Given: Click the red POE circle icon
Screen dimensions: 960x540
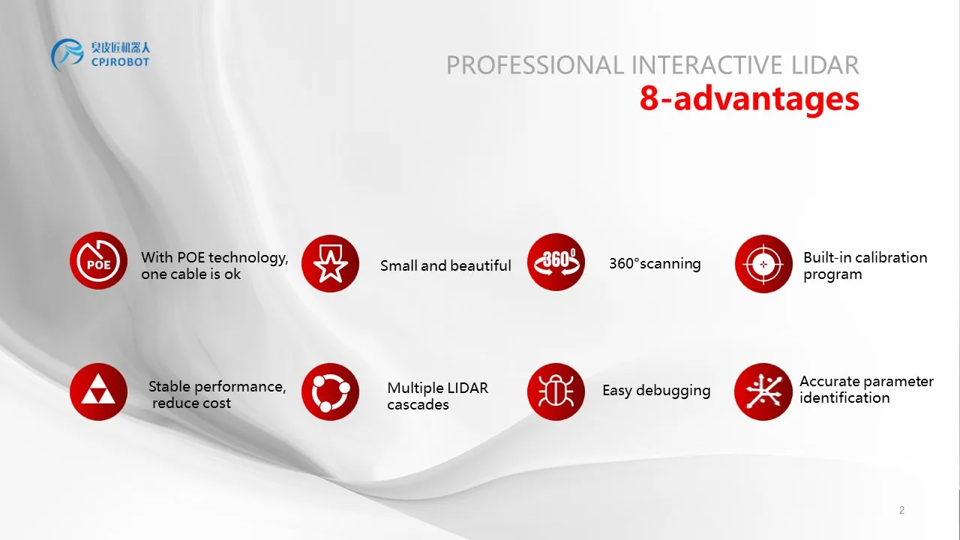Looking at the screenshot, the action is [x=98, y=260].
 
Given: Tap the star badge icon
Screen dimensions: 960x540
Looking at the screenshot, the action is [x=330, y=263].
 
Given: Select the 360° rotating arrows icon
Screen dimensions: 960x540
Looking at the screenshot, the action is [x=556, y=262].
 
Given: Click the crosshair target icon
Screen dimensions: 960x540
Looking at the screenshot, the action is [x=763, y=263].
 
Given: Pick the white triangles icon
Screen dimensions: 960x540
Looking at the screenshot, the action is [x=98, y=391].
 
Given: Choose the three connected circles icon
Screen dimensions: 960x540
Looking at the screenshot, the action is [x=330, y=391].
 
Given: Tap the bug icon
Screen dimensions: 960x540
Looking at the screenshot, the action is [x=556, y=391].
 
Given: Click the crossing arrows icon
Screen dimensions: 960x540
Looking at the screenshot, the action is [x=763, y=391].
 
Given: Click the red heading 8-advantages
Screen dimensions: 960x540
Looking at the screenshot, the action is [x=749, y=99].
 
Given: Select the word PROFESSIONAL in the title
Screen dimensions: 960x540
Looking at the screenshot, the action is [x=535, y=65].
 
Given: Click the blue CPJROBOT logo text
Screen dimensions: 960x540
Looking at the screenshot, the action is [x=120, y=62].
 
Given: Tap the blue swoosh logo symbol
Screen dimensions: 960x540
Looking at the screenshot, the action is [x=67, y=55].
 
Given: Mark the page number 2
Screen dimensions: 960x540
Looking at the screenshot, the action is [x=901, y=510].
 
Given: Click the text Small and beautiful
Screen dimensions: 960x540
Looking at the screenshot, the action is [x=445, y=265].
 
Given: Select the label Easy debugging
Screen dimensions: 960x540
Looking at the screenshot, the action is [x=656, y=391].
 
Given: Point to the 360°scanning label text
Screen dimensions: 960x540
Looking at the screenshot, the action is [x=655, y=263].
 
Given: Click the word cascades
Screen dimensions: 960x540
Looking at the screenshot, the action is [x=418, y=404].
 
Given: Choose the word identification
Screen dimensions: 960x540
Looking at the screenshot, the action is [x=844, y=397].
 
